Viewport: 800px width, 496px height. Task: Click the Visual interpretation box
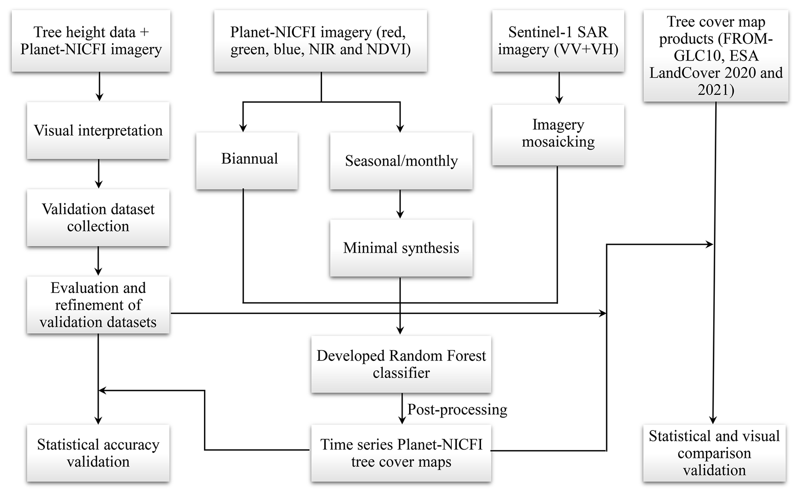[98, 130]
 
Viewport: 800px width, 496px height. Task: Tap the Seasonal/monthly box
[401, 161]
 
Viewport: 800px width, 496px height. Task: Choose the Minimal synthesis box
[401, 248]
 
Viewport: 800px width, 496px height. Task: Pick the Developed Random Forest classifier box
[401, 364]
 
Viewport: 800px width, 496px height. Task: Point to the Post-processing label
[457, 410]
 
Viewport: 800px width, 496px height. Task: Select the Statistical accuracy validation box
[98, 453]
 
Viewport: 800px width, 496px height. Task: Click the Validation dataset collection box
[98, 218]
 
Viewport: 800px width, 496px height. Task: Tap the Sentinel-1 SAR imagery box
[558, 41]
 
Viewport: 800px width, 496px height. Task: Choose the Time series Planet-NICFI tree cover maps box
[401, 453]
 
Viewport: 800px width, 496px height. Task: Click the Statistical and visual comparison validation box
[714, 453]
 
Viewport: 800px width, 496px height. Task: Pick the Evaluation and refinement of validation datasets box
[98, 305]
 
